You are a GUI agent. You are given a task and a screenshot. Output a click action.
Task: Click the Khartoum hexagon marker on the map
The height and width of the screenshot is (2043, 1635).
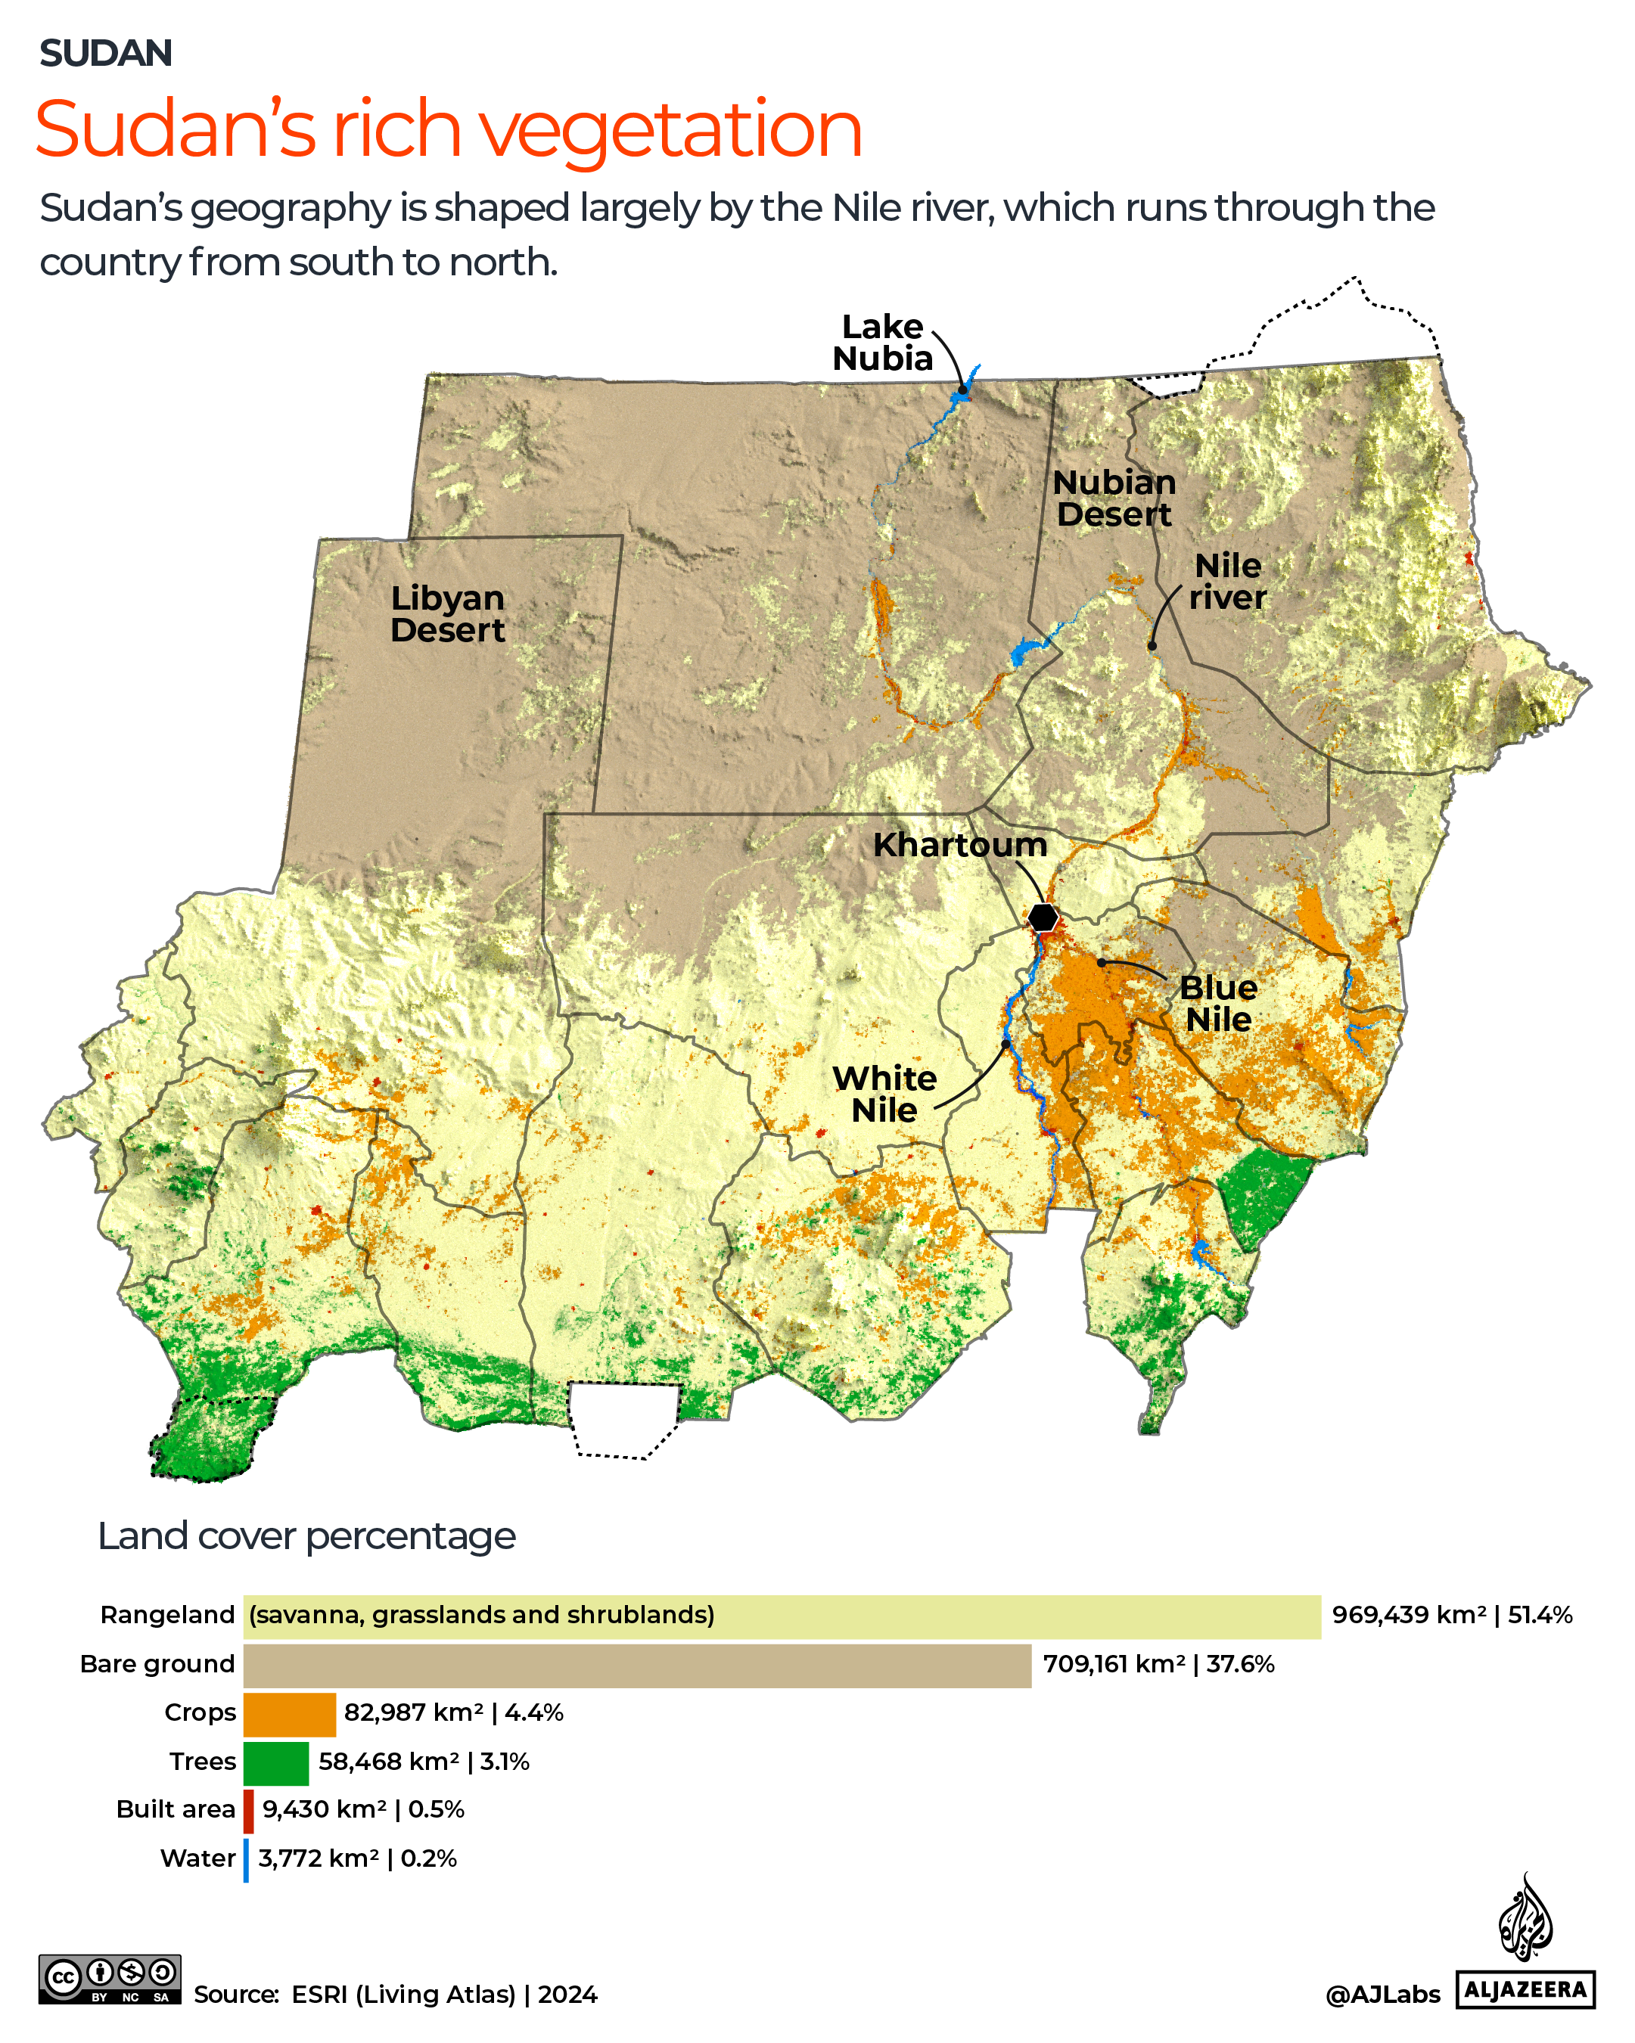[1043, 917]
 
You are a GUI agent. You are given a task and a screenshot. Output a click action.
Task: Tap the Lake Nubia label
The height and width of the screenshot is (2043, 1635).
[881, 342]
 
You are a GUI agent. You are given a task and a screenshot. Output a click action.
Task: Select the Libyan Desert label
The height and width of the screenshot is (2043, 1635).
[447, 614]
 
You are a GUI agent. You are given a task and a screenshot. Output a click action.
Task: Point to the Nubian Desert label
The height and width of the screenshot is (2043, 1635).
[1114, 498]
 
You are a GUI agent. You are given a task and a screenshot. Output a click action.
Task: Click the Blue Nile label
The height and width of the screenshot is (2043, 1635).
[1218, 1004]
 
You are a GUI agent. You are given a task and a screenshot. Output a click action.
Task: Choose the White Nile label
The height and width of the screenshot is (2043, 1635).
[884, 1094]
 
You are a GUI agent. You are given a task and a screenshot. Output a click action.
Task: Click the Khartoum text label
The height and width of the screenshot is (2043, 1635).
[959, 844]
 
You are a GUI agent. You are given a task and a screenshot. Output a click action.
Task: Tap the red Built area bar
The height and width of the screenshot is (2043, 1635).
[248, 1811]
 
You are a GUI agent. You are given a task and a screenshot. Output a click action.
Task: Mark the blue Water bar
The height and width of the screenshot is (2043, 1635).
[247, 1860]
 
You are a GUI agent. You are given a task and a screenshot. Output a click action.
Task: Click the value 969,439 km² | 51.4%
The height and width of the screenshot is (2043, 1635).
[1451, 1616]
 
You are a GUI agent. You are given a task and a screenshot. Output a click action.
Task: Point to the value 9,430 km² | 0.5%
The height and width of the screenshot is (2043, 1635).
[363, 1810]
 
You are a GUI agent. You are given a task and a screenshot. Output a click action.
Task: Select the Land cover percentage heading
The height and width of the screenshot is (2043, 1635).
[306, 1536]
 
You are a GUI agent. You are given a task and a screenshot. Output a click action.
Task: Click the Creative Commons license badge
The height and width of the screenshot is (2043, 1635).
[109, 1979]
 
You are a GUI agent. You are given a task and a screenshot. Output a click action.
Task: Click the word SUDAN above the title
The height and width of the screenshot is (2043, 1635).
[105, 53]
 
